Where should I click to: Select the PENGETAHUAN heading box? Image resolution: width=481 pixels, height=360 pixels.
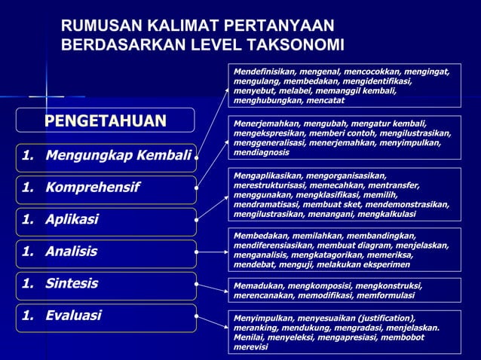click(105, 121)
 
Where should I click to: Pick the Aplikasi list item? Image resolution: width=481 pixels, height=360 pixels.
click(72, 220)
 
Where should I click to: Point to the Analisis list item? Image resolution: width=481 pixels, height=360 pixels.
click(71, 252)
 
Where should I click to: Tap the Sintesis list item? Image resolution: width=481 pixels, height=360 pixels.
click(71, 284)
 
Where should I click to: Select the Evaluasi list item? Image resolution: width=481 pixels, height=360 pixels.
click(73, 316)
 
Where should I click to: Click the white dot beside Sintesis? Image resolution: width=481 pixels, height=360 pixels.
click(197, 285)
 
